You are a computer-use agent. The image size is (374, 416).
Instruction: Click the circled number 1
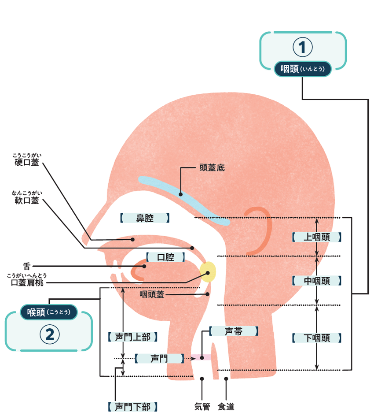(302, 47)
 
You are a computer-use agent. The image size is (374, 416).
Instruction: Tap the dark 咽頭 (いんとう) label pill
(302, 69)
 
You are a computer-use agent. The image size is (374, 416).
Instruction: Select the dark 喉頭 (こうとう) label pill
(49, 312)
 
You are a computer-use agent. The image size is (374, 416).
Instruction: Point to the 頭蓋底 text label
(212, 168)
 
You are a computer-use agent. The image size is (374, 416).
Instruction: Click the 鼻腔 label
(144, 218)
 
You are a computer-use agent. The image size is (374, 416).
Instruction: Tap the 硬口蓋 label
(26, 162)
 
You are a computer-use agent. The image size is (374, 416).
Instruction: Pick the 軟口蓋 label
(26, 201)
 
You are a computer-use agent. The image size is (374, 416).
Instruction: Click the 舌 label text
(27, 266)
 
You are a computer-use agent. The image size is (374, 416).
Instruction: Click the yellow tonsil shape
(208, 272)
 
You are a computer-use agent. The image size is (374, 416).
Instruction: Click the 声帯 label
(233, 331)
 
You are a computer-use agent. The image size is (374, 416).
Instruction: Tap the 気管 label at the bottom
(202, 406)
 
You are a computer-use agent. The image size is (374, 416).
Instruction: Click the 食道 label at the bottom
(226, 406)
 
